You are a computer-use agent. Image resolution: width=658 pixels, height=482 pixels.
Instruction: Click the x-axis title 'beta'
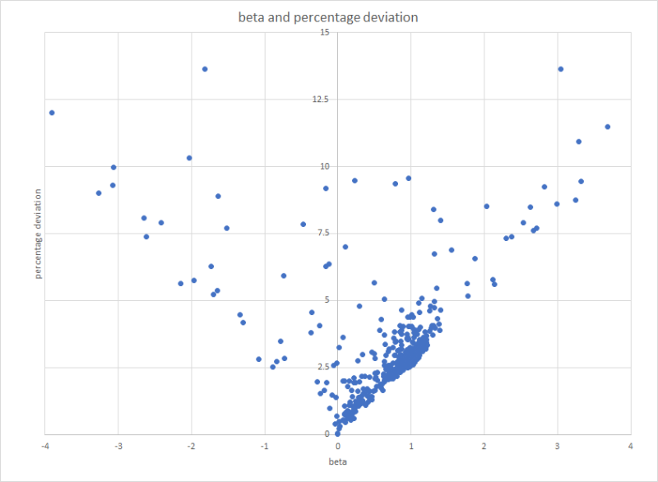click(x=336, y=461)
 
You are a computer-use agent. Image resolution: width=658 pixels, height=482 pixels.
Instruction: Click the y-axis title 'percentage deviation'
click(x=39, y=234)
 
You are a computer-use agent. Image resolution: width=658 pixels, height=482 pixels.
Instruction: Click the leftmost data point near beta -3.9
click(x=52, y=113)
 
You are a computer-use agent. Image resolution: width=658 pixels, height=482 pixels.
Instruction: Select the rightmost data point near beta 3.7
click(x=608, y=127)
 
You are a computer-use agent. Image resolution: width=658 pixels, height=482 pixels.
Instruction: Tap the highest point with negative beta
click(x=205, y=69)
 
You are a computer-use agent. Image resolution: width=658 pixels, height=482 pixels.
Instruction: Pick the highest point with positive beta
click(x=561, y=69)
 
